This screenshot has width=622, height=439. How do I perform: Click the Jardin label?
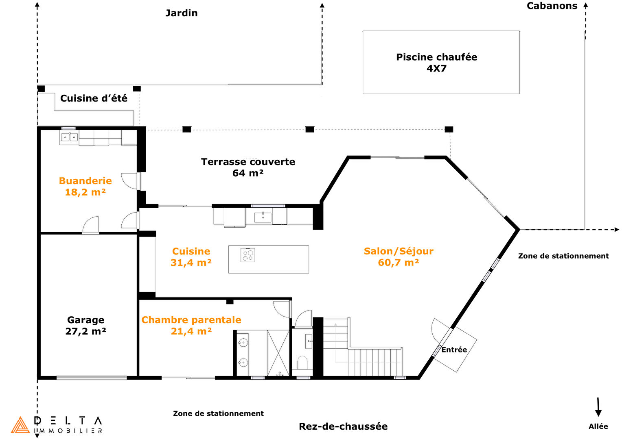click(x=182, y=13)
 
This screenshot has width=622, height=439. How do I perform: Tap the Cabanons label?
click(x=552, y=6)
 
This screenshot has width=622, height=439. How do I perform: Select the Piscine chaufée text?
click(x=436, y=57)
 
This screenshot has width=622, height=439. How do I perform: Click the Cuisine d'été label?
click(x=94, y=98)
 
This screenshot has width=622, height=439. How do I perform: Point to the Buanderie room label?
click(x=85, y=181)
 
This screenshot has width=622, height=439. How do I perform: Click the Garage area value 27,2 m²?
click(x=85, y=332)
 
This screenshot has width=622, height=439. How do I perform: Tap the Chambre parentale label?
click(x=191, y=320)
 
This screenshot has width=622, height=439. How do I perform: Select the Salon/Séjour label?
click(x=398, y=251)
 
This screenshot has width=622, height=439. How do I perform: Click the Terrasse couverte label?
click(x=248, y=162)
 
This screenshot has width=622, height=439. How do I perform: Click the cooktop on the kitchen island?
click(x=248, y=255)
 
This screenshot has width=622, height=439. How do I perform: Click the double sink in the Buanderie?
click(x=69, y=137)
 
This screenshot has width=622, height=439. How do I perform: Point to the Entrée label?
click(x=454, y=350)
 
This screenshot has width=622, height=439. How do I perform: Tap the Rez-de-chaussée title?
click(x=343, y=426)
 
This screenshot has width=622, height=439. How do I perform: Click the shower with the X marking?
click(x=278, y=353)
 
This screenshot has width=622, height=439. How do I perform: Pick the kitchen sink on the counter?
click(x=263, y=217)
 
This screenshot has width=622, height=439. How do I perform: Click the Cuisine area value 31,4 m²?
click(x=191, y=263)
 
